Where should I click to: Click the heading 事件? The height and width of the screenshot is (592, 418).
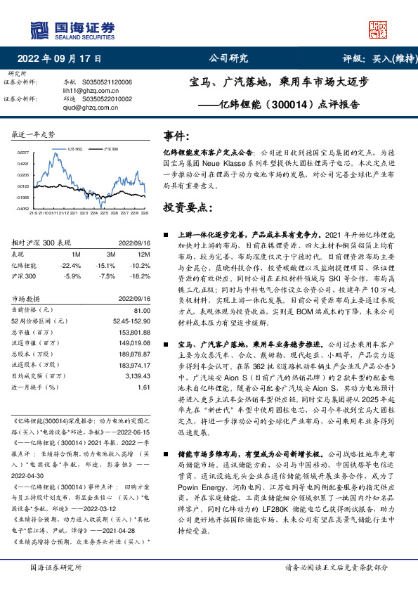point(176,135)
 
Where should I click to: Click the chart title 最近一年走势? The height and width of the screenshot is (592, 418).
point(33,134)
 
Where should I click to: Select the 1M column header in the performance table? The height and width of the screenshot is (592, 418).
point(76,253)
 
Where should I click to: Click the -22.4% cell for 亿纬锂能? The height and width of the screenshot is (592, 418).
point(72,265)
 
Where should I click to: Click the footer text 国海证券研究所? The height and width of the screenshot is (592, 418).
point(53,566)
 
